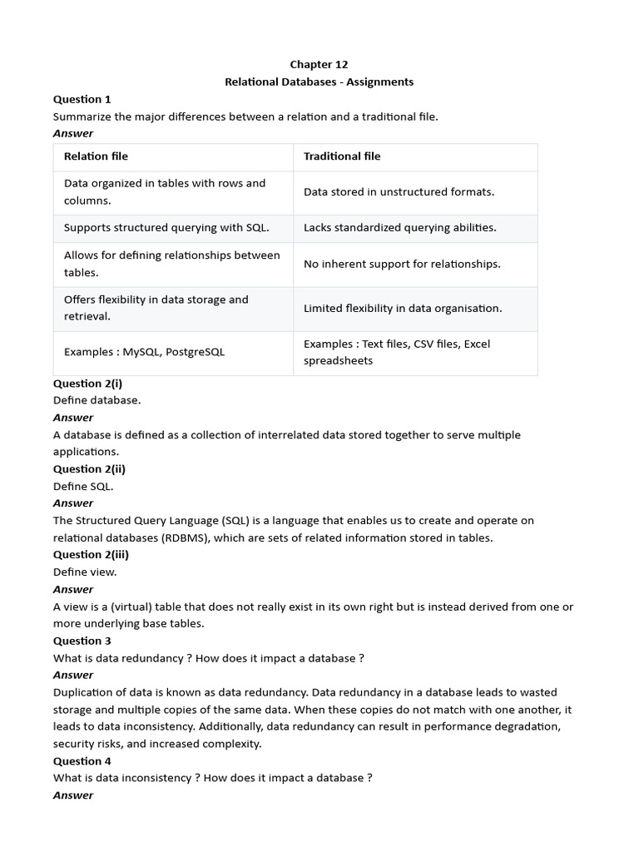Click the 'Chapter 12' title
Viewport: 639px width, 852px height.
[319, 65]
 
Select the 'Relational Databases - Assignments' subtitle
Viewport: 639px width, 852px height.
[319, 82]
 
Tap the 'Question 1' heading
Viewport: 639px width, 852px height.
[82, 99]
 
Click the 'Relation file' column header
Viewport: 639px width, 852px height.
[96, 156]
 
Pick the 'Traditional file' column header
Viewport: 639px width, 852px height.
[342, 156]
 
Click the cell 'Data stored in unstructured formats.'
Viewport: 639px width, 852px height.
[399, 192]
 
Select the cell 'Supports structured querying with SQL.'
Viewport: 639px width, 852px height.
[166, 228]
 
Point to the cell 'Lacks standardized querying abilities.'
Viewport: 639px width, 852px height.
[399, 228]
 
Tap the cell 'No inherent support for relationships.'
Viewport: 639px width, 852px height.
[402, 264]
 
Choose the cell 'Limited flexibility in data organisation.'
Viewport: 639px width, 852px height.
[403, 309]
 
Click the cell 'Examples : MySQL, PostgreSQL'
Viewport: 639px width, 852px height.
[144, 353]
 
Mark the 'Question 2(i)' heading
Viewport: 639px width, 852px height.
[87, 384]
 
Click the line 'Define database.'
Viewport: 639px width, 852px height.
[97, 400]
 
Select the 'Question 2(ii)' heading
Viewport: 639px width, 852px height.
[89, 469]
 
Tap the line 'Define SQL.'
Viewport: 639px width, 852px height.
[83, 487]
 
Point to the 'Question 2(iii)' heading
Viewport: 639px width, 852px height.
[91, 555]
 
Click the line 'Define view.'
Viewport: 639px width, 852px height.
[85, 572]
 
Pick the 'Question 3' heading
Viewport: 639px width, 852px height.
[82, 641]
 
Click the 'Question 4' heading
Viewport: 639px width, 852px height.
[82, 761]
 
